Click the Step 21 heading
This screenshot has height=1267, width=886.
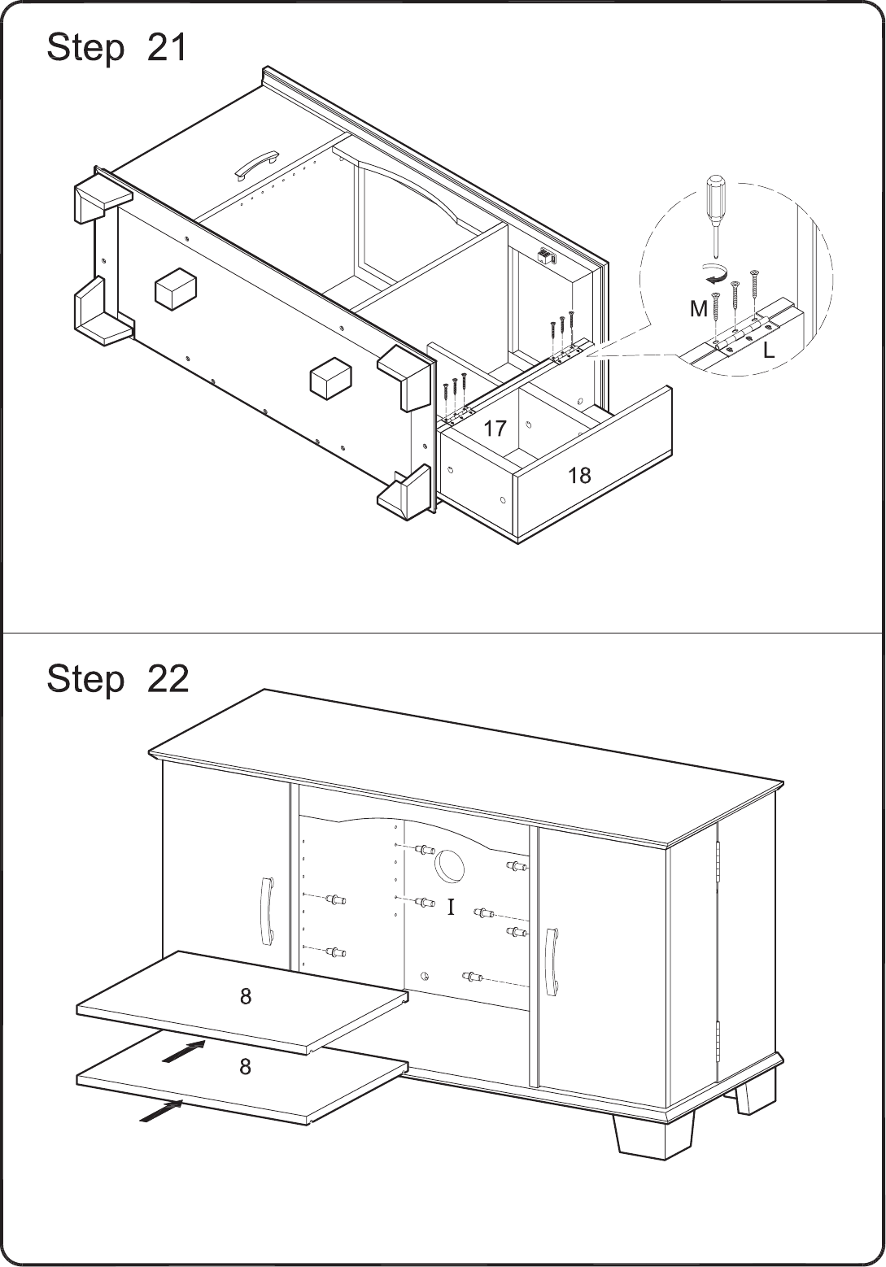[x=116, y=47]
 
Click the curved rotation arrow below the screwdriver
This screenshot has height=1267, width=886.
[x=714, y=273]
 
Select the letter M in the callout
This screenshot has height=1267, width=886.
[x=699, y=309]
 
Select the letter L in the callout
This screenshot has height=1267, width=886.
[x=768, y=351]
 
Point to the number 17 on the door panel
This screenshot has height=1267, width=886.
[x=495, y=429]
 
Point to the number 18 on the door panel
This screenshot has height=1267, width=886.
[x=579, y=476]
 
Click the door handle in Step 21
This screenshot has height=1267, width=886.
[x=257, y=164]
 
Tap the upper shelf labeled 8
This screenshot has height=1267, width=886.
[x=242, y=1003]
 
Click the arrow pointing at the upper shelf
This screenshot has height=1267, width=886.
[x=183, y=1051]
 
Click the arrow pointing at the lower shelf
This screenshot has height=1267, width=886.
[x=161, y=1111]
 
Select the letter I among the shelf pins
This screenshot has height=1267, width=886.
[x=451, y=908]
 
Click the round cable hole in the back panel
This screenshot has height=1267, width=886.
[x=449, y=866]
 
